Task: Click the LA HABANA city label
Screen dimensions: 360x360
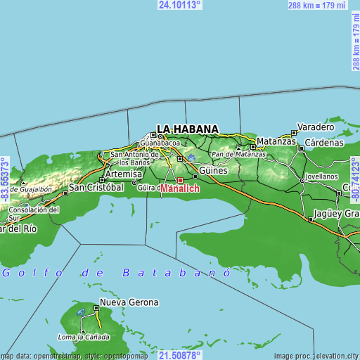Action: tap(187, 129)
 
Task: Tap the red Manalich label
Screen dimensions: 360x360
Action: tap(181, 189)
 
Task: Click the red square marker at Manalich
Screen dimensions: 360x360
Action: tap(180, 180)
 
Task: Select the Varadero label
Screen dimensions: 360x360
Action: tap(316, 127)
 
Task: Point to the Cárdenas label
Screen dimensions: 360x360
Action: tap(325, 142)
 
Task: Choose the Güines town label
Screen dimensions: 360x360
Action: tap(214, 171)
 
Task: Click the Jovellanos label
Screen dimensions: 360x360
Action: tap(321, 176)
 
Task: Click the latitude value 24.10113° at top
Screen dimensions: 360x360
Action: tap(180, 5)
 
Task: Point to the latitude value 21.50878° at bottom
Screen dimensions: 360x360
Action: tap(180, 355)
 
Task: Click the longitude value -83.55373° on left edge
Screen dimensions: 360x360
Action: tap(5, 179)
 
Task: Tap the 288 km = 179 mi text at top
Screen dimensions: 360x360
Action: tap(318, 6)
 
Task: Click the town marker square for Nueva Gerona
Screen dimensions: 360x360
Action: tap(96, 308)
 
